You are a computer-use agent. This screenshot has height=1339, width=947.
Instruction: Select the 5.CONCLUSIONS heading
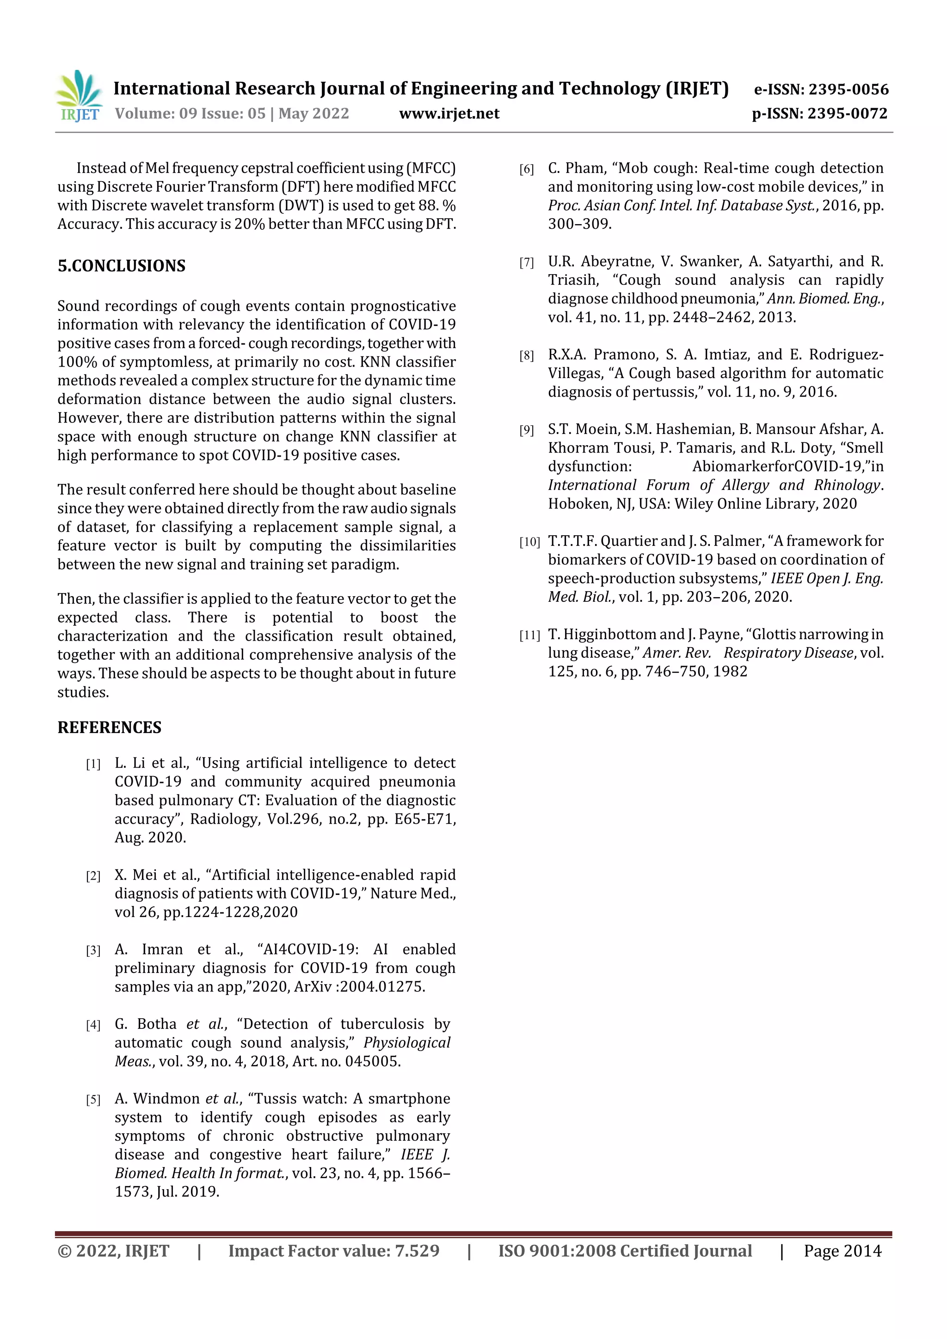point(121,266)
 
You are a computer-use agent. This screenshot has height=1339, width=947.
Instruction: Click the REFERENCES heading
point(109,727)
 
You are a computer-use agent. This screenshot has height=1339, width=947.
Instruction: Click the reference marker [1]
point(93,764)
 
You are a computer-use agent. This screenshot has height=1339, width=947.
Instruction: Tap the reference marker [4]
point(93,1025)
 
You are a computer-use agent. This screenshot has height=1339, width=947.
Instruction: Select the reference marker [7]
point(526,263)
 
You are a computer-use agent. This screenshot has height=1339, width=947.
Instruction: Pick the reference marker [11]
point(529,636)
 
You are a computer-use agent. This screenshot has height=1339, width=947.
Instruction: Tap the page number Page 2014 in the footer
point(842,1250)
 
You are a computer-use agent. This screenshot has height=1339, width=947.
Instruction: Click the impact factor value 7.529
point(417,1250)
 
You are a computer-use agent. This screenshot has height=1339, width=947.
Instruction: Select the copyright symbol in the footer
point(64,1251)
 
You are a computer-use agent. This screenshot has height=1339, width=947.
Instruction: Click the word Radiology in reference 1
point(223,819)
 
